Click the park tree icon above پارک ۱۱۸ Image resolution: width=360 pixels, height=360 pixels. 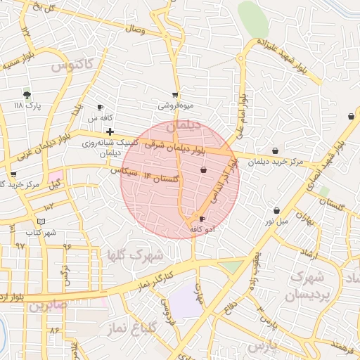pos(27,94)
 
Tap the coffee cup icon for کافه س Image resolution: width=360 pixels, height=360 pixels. pos(100,108)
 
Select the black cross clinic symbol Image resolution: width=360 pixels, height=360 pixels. pos(110,131)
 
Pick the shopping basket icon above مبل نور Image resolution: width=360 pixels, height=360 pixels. pos(276,210)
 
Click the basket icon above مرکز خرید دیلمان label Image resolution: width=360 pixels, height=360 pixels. pos(275,150)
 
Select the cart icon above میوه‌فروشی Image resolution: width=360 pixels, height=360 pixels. pos(175,95)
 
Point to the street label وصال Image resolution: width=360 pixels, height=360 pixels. pos(134,30)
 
